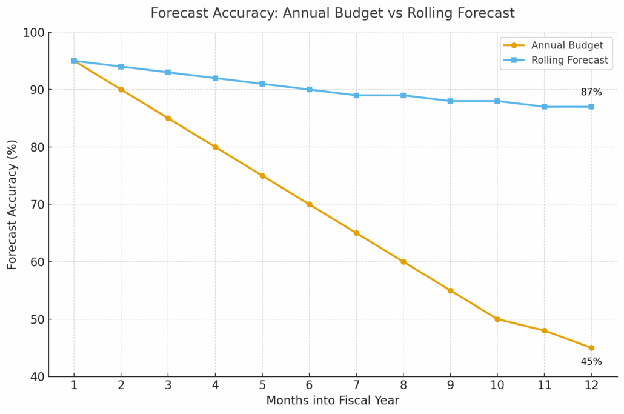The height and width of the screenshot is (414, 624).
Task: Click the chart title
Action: click(333, 13)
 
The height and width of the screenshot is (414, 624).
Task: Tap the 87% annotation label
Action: click(591, 92)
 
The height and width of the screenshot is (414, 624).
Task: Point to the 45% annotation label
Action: click(591, 362)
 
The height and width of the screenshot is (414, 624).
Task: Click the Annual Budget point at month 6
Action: click(310, 204)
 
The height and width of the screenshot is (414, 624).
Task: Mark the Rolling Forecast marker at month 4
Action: click(215, 78)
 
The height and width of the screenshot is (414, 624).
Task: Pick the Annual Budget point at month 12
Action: click(591, 348)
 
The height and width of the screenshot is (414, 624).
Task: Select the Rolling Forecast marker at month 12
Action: click(591, 107)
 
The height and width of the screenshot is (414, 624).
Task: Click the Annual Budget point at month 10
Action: click(497, 319)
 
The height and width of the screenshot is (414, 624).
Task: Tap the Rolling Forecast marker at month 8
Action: click(403, 95)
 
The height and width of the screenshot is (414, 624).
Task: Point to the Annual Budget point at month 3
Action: click(168, 118)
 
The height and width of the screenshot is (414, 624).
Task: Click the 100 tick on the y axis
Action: click(35, 33)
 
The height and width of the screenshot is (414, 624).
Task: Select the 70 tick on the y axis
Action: click(38, 205)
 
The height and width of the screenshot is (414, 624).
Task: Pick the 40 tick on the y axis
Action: click(38, 377)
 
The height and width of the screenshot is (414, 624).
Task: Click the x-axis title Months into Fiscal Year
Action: click(333, 401)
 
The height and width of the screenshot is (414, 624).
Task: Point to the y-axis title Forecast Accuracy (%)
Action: click(12, 204)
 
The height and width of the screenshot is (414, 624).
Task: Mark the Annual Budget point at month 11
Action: click(545, 330)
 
